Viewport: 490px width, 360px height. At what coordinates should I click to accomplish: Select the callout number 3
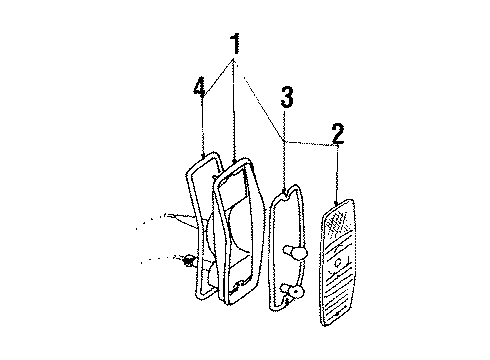click(286, 98)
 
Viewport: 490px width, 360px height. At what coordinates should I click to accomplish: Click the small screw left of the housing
click(188, 263)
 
